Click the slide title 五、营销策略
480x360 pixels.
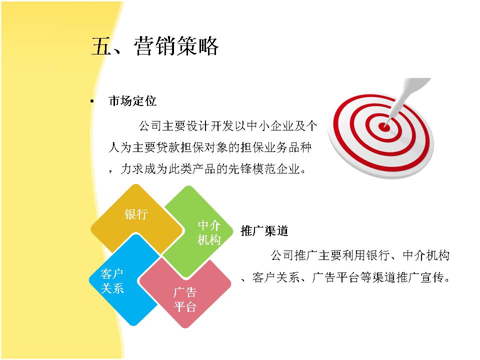click(x=155, y=46)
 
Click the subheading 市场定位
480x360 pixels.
click(x=132, y=100)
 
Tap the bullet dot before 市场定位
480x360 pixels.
click(x=92, y=101)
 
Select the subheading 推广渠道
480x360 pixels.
click(x=264, y=231)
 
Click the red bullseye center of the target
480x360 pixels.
click(x=384, y=126)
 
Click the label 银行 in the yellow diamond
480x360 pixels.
click(x=136, y=214)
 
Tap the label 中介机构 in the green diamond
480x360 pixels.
click(x=209, y=232)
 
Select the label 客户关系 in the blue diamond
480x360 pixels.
click(x=112, y=281)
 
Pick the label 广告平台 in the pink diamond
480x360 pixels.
click(x=184, y=299)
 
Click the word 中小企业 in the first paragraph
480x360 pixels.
click(x=270, y=126)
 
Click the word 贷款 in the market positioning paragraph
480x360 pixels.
click(x=168, y=147)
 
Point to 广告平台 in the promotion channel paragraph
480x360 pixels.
click(x=335, y=277)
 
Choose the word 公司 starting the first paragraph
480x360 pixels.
click(x=150, y=126)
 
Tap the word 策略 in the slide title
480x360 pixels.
click(x=197, y=46)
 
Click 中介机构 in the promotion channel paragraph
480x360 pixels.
click(x=426, y=255)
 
